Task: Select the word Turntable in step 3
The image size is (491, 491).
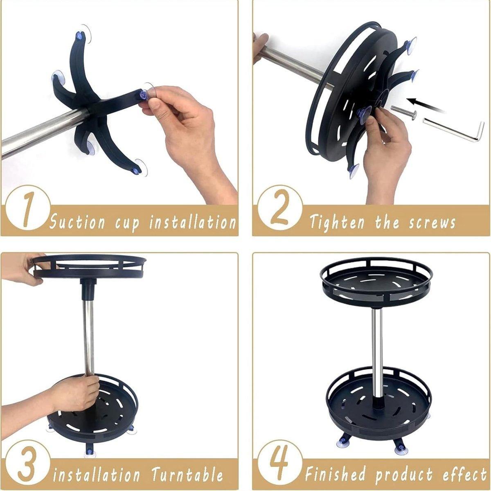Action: pyautogui.click(x=187, y=468)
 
